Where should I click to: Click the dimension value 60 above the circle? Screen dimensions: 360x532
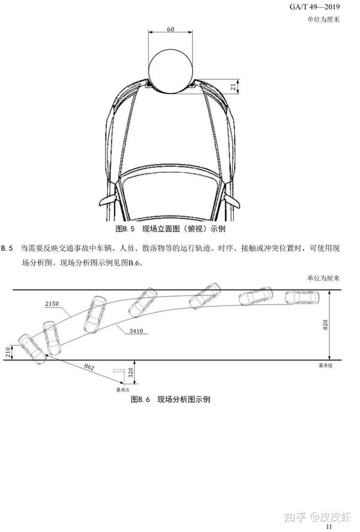point(170,29)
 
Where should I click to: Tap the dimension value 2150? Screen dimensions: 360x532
point(52,304)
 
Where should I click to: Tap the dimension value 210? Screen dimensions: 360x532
point(7,352)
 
